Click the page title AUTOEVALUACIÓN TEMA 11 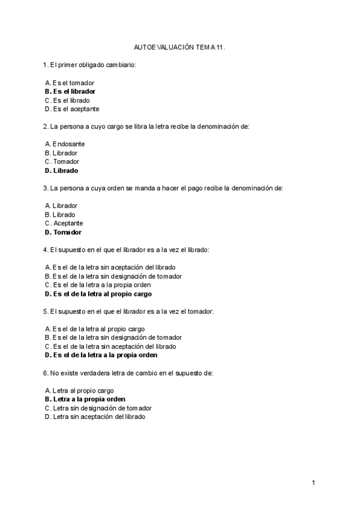click(x=179, y=46)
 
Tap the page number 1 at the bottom click(x=313, y=482)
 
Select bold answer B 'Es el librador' click(x=70, y=91)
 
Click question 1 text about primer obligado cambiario click(x=90, y=64)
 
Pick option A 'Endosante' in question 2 click(x=65, y=144)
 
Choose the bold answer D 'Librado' click(x=61, y=170)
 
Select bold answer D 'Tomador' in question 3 click(x=63, y=232)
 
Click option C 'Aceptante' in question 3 click(x=64, y=223)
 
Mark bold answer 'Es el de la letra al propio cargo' click(x=98, y=294)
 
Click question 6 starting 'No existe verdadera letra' click(x=128, y=373)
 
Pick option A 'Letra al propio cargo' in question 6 click(x=79, y=390)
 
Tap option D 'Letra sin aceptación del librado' click(x=94, y=417)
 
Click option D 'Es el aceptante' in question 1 click(x=71, y=109)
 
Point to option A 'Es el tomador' click(x=69, y=83)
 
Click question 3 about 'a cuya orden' click(x=163, y=188)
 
